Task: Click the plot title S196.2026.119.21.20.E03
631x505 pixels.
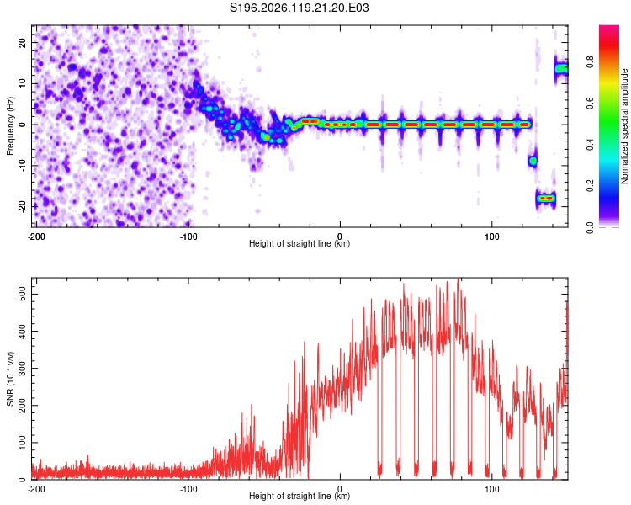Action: (x=299, y=8)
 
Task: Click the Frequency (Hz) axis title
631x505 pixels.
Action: (x=10, y=126)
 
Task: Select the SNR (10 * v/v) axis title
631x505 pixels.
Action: (x=10, y=379)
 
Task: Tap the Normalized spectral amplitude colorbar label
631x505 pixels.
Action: (x=624, y=126)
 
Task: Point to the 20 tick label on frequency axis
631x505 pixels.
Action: (x=22, y=42)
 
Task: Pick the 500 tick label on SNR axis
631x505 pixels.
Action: (x=22, y=294)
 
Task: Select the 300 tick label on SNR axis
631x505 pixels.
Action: (x=22, y=368)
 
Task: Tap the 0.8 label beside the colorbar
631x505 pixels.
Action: (x=590, y=62)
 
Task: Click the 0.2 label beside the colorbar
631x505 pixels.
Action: (x=590, y=186)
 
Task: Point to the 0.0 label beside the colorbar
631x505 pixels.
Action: (x=590, y=227)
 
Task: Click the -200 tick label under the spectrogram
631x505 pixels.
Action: (x=36, y=237)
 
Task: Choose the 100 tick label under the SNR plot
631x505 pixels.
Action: (x=492, y=489)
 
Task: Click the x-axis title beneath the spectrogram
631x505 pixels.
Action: (x=300, y=243)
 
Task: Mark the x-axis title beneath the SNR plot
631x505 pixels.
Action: (x=300, y=496)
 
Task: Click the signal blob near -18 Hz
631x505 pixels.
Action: (x=546, y=198)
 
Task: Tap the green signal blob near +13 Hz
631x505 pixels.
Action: (x=561, y=69)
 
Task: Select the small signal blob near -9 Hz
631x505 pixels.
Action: (x=533, y=161)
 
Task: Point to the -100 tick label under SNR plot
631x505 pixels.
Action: (x=188, y=489)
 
